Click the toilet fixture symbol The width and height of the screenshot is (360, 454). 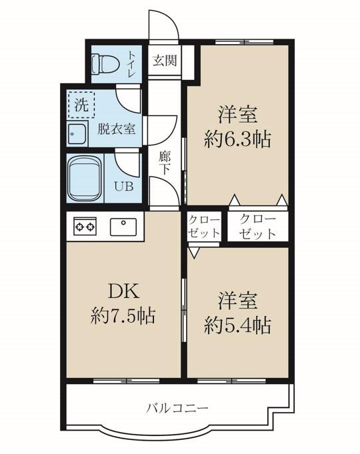(x=105, y=64)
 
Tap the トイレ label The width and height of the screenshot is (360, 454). (x=132, y=64)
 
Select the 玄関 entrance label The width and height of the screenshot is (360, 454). (x=165, y=61)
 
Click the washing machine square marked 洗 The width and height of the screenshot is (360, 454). (x=81, y=105)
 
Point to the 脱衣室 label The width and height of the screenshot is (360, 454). (x=117, y=129)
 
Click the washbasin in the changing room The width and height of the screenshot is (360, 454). (x=77, y=133)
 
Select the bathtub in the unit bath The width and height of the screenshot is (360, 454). (x=85, y=179)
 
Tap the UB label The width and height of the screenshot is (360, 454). (x=123, y=187)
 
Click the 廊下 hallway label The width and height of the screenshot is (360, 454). (x=164, y=163)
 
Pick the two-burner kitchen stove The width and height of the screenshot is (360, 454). (x=85, y=227)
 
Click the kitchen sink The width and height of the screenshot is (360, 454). (x=123, y=227)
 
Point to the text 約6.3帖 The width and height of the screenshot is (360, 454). (x=237, y=139)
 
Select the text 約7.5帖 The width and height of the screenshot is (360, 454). (x=123, y=315)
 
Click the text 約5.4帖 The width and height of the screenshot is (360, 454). (x=237, y=325)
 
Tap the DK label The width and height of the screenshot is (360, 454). (x=124, y=291)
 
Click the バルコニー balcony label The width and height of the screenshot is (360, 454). (x=177, y=409)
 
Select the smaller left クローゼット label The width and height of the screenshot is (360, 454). (x=204, y=227)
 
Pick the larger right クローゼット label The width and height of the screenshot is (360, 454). (x=257, y=227)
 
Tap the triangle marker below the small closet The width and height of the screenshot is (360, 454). (x=194, y=252)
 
